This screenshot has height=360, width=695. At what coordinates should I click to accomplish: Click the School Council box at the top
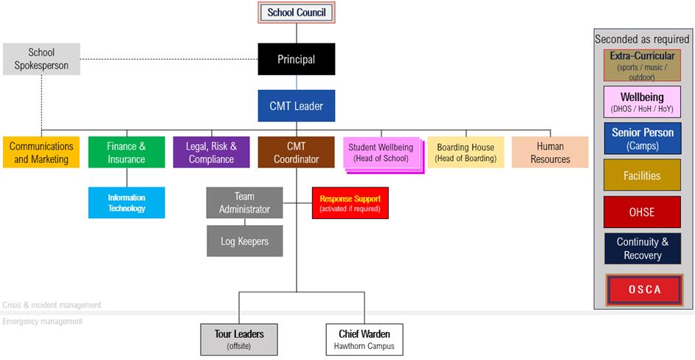296,13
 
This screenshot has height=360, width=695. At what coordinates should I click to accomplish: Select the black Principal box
296,59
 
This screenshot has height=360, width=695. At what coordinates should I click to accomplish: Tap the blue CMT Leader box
296,105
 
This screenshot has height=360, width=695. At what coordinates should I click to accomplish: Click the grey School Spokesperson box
41,59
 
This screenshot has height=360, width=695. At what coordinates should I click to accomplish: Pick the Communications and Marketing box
41,152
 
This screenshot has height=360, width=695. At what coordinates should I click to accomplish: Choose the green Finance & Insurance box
126,152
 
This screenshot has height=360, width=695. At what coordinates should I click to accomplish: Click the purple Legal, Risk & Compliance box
211,152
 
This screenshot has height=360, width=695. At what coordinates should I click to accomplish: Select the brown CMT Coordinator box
296,152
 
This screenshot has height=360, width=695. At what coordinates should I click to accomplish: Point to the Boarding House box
466,152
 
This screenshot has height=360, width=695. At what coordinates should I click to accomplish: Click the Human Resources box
550,152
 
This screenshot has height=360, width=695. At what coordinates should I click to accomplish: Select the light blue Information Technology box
126,203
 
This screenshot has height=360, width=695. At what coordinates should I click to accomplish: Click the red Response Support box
350,203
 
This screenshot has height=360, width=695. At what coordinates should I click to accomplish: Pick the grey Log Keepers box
244,241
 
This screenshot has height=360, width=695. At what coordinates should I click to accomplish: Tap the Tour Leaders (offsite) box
239,339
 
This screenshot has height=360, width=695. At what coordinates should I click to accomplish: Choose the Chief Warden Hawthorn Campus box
364,339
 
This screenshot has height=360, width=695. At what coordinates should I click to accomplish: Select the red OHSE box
642,212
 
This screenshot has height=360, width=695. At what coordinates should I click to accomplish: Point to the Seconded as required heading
642,39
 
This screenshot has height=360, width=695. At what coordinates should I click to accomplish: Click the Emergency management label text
43,321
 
